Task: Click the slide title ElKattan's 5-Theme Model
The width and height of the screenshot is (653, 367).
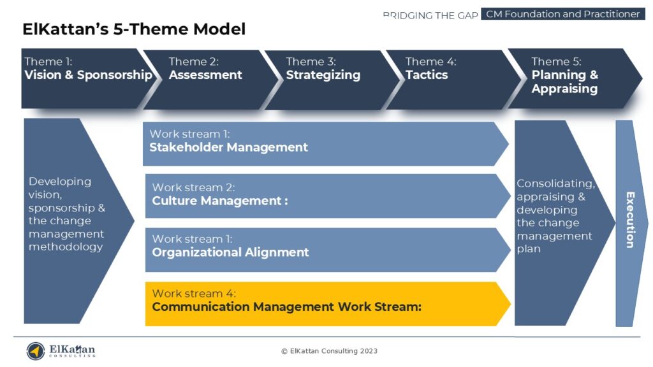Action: click(x=134, y=29)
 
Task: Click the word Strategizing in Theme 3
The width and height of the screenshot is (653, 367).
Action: click(x=323, y=75)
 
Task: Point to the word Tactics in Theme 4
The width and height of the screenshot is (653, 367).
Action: click(x=427, y=75)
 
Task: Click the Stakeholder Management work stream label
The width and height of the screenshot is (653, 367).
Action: click(x=228, y=147)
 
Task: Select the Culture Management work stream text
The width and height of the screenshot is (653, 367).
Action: click(x=219, y=201)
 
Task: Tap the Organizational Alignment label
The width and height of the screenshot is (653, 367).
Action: click(x=230, y=252)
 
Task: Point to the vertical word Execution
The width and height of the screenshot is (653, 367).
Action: click(x=630, y=220)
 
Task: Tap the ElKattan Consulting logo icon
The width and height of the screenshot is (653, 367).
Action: click(x=36, y=350)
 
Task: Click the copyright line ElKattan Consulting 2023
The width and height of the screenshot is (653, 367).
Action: click(x=329, y=351)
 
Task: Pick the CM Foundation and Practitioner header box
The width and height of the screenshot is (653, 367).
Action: click(x=562, y=14)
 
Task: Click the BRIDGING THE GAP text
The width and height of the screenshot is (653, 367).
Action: click(x=430, y=15)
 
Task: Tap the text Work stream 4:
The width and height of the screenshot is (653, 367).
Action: click(x=194, y=294)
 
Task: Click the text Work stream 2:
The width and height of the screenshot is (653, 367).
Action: click(x=193, y=187)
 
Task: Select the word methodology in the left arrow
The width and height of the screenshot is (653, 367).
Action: click(x=66, y=247)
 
